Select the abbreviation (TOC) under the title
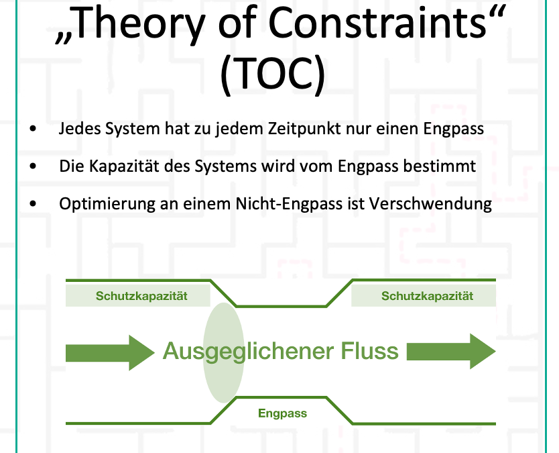tap(273, 74)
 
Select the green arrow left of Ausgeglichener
tap(110, 352)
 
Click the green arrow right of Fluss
tap(451, 352)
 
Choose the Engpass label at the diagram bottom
tap(282, 413)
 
